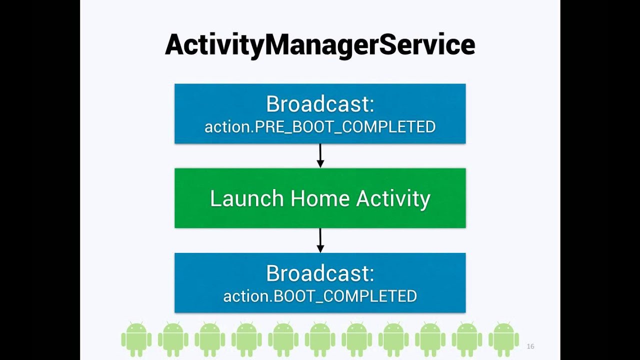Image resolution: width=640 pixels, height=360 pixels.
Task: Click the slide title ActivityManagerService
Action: [x=320, y=45]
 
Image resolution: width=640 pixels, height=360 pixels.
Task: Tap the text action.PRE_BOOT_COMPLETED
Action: [x=320, y=127]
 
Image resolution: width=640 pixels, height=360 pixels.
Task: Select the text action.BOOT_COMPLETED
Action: [x=320, y=296]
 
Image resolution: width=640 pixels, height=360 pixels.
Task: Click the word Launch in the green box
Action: [x=246, y=198]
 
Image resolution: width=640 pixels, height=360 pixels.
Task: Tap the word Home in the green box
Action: [x=320, y=198]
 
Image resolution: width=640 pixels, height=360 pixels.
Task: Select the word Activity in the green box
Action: [x=393, y=198]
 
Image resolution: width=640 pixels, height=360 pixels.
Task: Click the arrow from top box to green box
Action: [x=320, y=155]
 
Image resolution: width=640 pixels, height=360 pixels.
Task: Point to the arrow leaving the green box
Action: [x=320, y=240]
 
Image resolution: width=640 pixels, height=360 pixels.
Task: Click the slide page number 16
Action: [x=530, y=346]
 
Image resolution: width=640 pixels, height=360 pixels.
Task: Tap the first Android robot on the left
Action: [x=136, y=339]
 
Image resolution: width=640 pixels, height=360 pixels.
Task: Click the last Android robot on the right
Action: [x=503, y=339]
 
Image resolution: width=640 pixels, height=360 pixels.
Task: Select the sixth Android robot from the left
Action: [x=320, y=339]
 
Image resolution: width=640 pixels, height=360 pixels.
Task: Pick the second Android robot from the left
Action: [x=173, y=339]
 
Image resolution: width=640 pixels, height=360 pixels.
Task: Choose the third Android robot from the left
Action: [x=210, y=339]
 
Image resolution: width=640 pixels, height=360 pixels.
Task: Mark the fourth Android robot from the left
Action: [x=246, y=339]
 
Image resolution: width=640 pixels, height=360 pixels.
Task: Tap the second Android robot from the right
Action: [x=467, y=339]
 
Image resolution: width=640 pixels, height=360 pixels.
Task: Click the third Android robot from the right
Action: [x=430, y=339]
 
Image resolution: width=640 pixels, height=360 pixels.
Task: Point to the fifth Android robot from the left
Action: [x=283, y=339]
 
